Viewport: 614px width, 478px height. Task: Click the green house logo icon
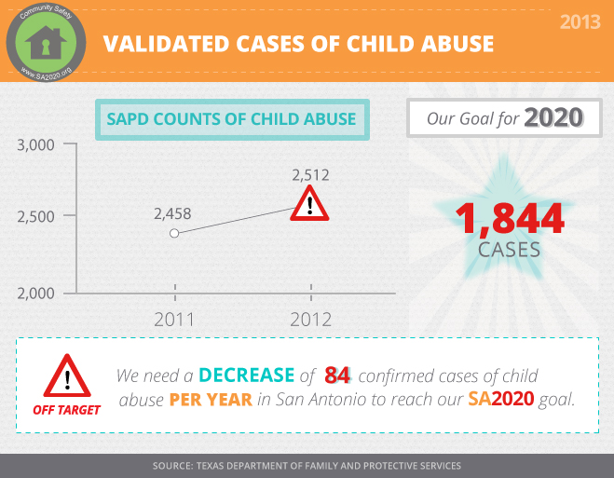tap(46, 42)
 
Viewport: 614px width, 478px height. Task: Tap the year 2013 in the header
tap(580, 22)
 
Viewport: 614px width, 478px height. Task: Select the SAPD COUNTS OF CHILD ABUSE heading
tap(231, 119)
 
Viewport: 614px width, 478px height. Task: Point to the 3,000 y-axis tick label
tap(35, 145)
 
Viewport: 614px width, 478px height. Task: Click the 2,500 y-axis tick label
tap(35, 216)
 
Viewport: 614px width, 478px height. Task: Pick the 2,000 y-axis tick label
tap(35, 294)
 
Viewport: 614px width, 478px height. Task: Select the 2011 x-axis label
tap(174, 320)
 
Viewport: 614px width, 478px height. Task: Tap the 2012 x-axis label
tap(311, 320)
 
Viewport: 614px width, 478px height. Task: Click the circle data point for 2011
tap(174, 233)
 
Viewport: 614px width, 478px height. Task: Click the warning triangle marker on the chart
tap(309, 203)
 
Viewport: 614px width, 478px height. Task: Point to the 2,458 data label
tap(172, 213)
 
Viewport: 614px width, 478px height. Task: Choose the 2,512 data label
tap(310, 175)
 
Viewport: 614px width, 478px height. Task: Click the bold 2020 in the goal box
tap(553, 117)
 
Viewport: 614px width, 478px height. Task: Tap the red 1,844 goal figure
tap(510, 218)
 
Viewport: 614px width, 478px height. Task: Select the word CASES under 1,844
tap(509, 250)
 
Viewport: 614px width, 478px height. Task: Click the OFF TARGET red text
tap(66, 410)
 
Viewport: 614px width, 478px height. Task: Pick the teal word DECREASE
tap(247, 376)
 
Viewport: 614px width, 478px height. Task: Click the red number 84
tap(337, 376)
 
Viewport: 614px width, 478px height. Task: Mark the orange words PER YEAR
tap(211, 400)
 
